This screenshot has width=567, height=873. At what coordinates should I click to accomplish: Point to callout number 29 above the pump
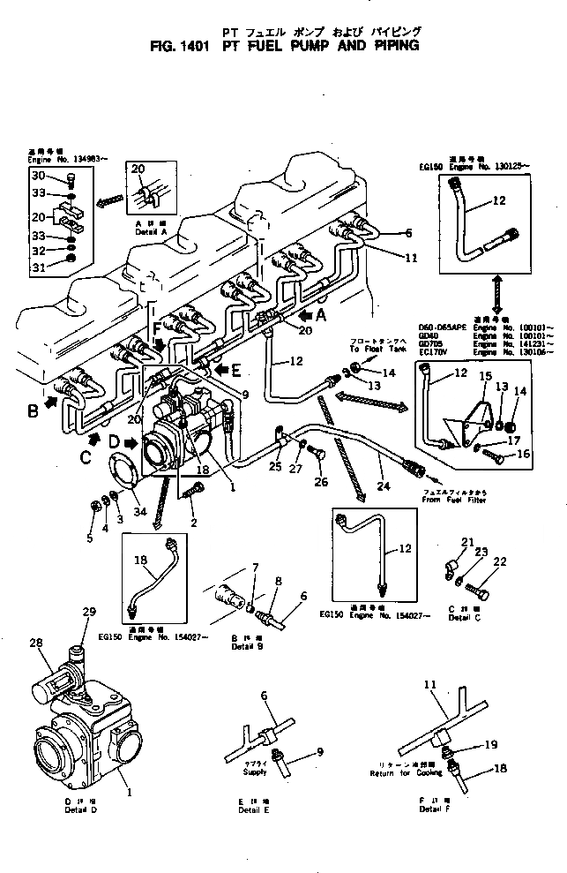87,613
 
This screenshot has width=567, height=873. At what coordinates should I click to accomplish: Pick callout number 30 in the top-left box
40,176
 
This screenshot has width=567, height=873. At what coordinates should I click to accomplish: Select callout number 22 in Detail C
500,561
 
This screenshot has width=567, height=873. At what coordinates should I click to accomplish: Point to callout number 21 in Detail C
467,542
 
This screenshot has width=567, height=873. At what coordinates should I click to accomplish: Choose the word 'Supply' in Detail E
255,771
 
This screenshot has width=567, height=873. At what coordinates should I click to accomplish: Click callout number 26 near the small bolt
320,482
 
